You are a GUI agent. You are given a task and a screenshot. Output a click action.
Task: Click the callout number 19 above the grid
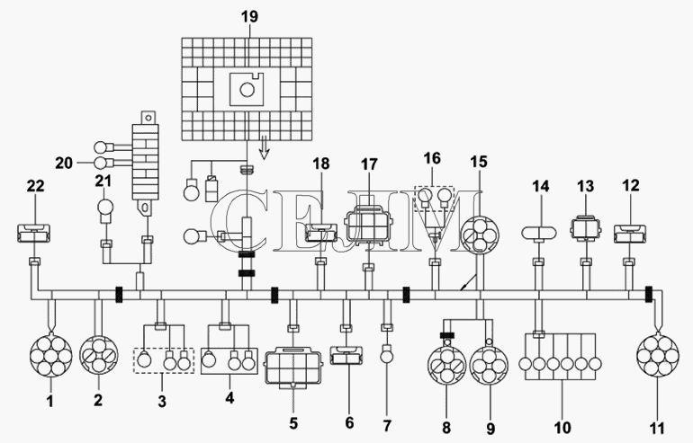(x=249, y=17)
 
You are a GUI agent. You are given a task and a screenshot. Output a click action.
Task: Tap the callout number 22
(x=36, y=186)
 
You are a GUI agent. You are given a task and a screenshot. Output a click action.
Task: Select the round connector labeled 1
(x=50, y=356)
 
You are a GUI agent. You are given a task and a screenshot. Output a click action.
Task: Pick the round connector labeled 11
(x=658, y=355)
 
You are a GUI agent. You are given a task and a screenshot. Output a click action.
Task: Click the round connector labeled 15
(x=480, y=235)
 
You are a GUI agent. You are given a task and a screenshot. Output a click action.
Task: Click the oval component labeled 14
(x=539, y=233)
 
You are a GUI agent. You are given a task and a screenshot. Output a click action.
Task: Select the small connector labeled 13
(x=586, y=227)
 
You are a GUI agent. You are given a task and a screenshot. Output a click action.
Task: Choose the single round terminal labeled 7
(x=387, y=354)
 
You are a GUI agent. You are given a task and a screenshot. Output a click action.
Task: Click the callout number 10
(x=562, y=427)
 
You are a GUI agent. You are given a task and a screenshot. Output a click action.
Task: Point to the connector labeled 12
(x=630, y=234)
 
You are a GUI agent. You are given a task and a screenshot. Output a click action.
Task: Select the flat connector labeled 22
(x=33, y=234)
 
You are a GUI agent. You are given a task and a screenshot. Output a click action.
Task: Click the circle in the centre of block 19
(x=247, y=90)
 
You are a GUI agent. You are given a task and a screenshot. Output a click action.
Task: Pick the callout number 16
(x=432, y=158)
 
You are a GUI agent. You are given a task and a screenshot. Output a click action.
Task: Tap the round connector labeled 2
(x=99, y=355)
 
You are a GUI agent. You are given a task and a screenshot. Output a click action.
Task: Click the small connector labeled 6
(x=346, y=356)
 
